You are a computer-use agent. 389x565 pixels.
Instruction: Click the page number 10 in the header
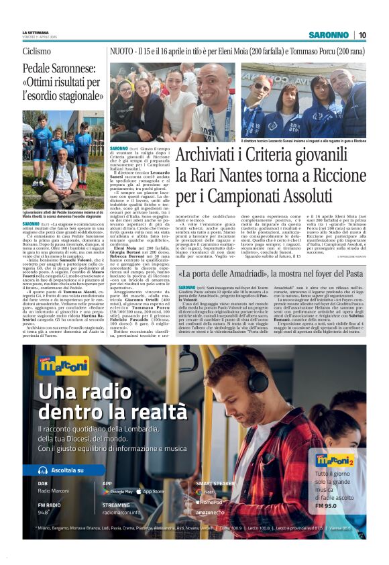coord(362,35)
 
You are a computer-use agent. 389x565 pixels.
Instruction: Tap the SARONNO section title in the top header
coord(329,35)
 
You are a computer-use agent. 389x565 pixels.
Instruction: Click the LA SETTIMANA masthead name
coord(35,32)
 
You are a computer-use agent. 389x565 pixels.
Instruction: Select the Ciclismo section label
coord(36,51)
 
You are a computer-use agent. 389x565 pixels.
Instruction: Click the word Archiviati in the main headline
coord(206,154)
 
